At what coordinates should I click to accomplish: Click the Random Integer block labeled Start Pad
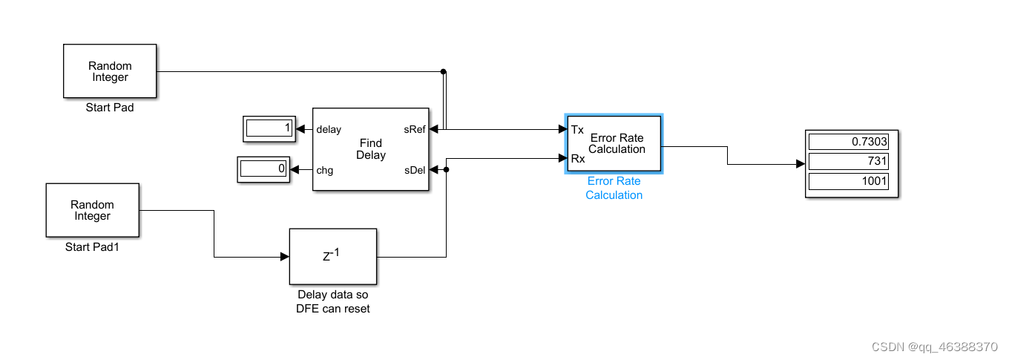tap(110, 71)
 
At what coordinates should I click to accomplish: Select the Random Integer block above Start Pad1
tap(93, 210)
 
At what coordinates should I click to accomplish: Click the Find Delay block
tap(370, 149)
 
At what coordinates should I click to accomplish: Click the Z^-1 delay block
tap(332, 256)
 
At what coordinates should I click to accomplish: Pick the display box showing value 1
tap(270, 128)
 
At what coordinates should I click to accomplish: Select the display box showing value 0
tap(263, 169)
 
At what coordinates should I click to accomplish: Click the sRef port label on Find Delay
tap(414, 129)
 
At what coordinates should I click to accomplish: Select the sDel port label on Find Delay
tap(414, 170)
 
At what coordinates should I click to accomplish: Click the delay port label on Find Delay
tap(329, 129)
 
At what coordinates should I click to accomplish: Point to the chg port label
tap(324, 170)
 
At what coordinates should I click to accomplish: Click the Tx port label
tap(577, 130)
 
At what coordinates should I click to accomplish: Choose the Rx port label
tap(577, 157)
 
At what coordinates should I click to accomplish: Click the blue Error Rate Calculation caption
tap(614, 188)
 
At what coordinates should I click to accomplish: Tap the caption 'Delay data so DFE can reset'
tap(332, 301)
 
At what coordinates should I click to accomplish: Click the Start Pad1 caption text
tap(92, 247)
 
